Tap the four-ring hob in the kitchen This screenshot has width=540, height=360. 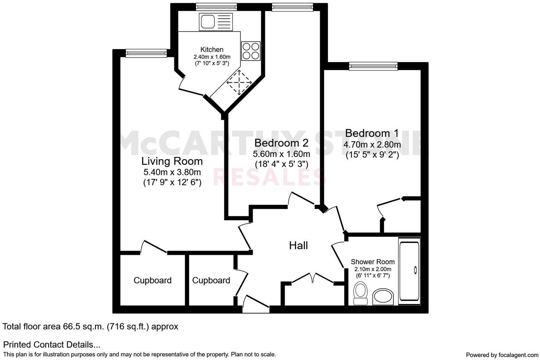(251, 51)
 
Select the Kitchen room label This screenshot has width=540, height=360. (212, 50)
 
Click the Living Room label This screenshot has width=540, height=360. (172, 161)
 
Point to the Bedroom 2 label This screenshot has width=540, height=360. (281, 143)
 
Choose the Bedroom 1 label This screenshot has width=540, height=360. (372, 133)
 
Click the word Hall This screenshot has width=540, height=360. (298, 246)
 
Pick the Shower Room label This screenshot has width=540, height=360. (373, 262)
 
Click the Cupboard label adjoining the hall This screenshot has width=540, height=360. (211, 280)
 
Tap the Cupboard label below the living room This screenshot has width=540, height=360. (152, 280)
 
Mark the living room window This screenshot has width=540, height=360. (146, 54)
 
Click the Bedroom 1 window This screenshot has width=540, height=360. (373, 66)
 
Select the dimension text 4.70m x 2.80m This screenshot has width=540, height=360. (372, 145)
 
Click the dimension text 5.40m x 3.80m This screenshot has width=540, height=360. (172, 172)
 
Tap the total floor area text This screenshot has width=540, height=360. (90, 327)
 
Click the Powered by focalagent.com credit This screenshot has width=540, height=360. (502, 355)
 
